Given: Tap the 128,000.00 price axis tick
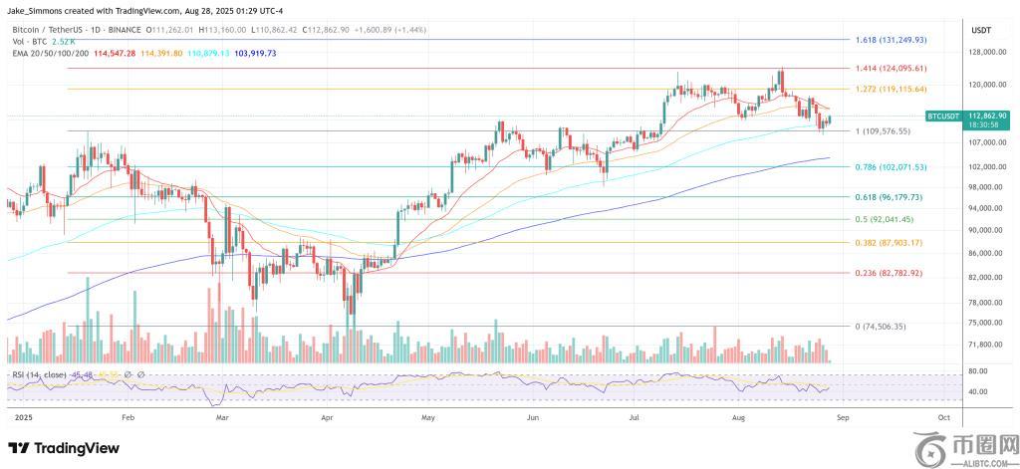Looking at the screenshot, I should (983, 53).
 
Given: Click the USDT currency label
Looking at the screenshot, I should (981, 31).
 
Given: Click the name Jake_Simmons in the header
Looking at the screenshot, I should (36, 9).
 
